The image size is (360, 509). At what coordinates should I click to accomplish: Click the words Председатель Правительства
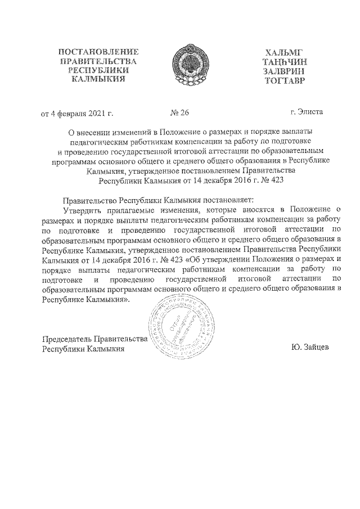point(95,339)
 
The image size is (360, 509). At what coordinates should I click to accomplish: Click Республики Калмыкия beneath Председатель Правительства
point(83,349)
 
